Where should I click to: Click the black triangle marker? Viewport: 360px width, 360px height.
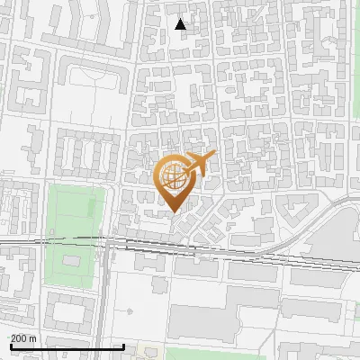[181, 24]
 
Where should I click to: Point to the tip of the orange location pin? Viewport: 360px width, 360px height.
[174, 212]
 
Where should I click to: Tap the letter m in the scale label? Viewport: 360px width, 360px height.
[33, 338]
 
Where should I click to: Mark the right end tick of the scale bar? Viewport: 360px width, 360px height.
[123, 346]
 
